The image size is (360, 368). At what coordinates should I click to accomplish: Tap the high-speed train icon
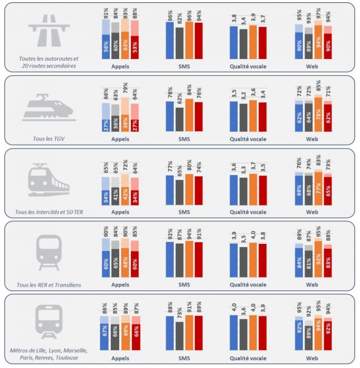(x=49, y=108)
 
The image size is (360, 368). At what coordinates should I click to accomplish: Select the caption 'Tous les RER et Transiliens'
(x=49, y=285)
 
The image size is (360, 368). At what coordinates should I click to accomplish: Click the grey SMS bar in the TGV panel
(x=180, y=119)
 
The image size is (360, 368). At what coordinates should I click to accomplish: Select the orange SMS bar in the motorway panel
(x=189, y=40)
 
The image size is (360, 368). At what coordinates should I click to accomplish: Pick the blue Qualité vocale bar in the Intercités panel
(x=234, y=189)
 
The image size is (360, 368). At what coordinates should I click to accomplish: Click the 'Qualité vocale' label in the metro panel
(x=248, y=359)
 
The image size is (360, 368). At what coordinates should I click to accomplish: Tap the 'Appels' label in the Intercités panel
(x=120, y=212)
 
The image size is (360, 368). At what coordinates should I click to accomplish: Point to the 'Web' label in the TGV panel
(x=312, y=139)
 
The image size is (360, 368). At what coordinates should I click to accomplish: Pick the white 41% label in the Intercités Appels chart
(x=116, y=197)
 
